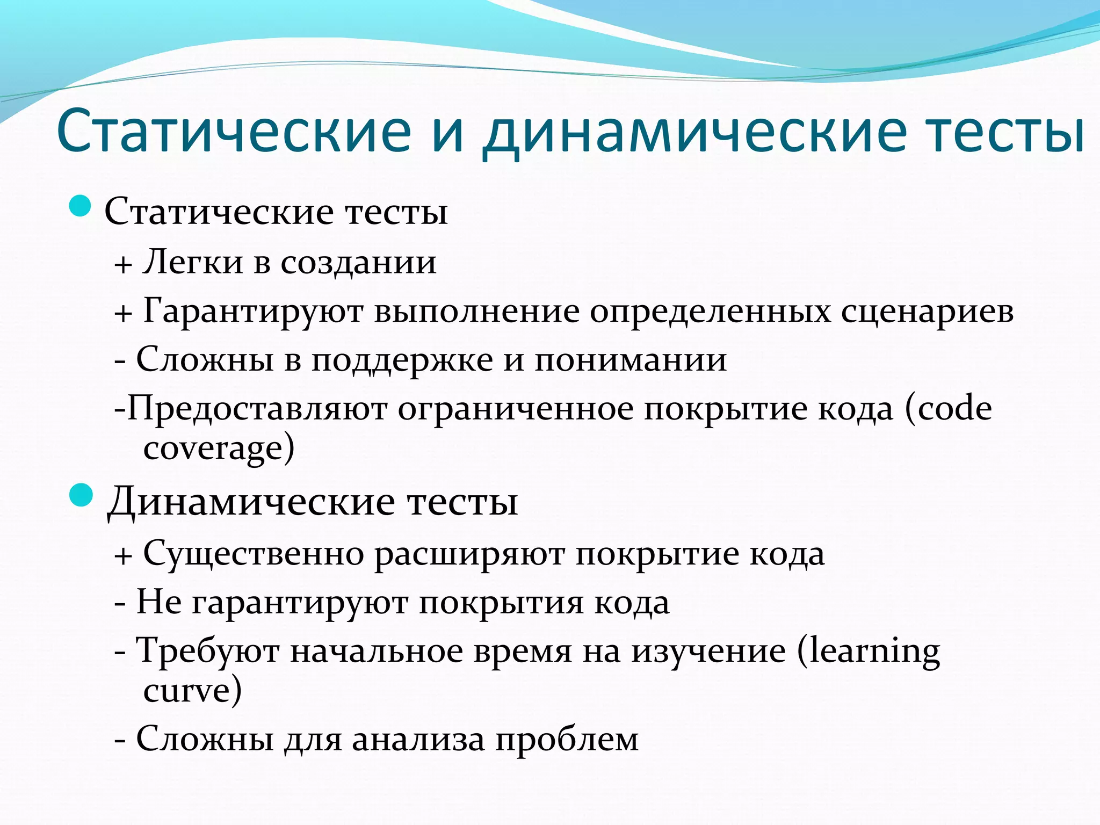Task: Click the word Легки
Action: [193, 262]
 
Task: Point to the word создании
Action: [358, 263]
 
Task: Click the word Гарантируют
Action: [253, 312]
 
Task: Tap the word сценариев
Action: [927, 312]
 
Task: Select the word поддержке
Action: [402, 360]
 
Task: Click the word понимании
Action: [631, 360]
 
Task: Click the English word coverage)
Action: [219, 448]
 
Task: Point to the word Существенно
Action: [254, 554]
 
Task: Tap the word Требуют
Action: [207, 651]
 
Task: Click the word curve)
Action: [192, 691]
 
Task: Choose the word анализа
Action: [418, 740]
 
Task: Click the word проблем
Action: [567, 741]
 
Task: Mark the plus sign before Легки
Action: [123, 264]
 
